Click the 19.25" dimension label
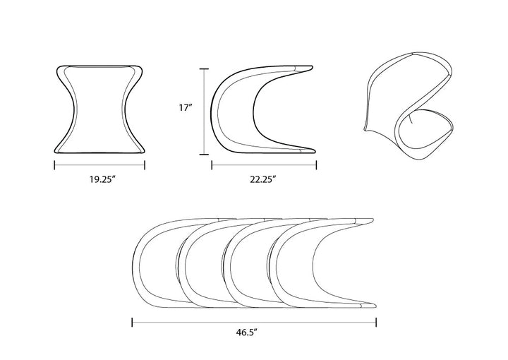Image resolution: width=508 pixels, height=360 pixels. [103, 179]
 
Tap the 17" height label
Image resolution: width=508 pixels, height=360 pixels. [186, 107]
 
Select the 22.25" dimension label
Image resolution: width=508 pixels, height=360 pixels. [262, 179]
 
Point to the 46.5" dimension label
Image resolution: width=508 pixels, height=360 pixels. [246, 332]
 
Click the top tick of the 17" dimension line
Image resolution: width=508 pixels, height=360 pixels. [204, 69]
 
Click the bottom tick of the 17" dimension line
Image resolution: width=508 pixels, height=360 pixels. [204, 155]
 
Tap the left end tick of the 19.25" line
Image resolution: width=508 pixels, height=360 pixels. [54, 165]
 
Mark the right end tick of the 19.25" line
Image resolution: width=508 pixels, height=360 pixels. [145, 165]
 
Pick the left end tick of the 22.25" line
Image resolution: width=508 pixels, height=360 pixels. [212, 165]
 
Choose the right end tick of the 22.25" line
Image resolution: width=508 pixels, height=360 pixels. [316, 165]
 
